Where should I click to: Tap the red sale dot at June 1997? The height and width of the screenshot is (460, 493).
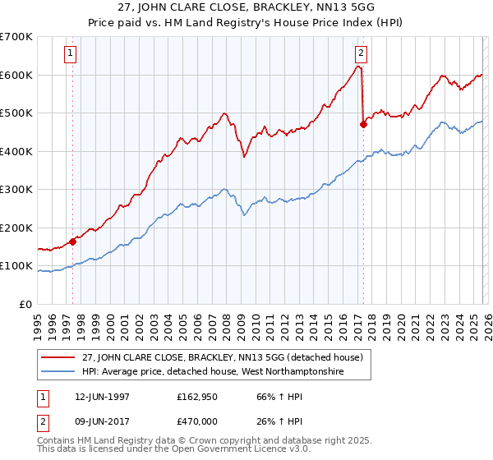[x=72, y=241]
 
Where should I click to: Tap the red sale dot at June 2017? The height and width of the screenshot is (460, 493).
[x=362, y=125]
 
